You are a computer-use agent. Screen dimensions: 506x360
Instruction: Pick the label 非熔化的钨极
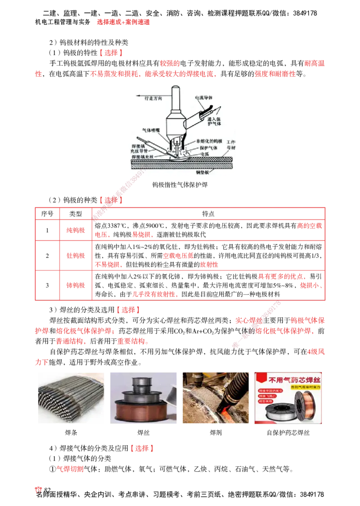(210, 141)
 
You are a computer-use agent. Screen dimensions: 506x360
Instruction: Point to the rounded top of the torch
(175, 88)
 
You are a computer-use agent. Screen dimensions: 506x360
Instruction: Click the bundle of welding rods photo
(72, 398)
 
